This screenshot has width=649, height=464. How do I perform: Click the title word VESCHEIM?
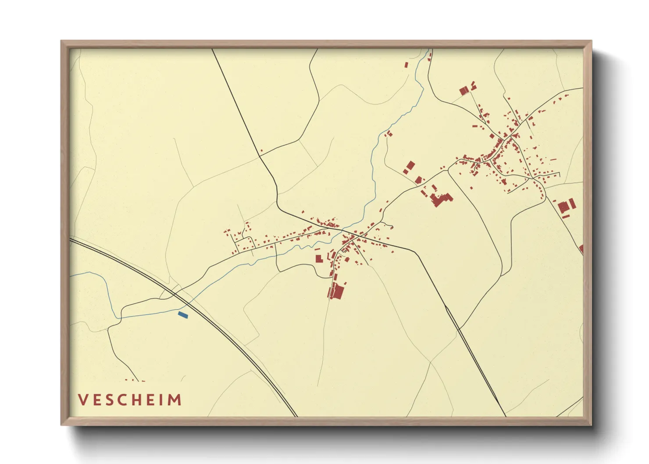click(130, 400)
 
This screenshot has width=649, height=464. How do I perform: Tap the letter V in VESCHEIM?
click(83, 400)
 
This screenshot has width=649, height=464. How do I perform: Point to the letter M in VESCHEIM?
click(176, 400)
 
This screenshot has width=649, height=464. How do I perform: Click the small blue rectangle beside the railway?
click(183, 314)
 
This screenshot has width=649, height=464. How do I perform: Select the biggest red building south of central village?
click(338, 292)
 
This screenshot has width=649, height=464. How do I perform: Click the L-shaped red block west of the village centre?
click(319, 258)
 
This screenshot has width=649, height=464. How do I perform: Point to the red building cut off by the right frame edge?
click(581, 249)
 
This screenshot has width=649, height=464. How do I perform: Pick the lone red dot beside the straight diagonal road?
click(261, 151)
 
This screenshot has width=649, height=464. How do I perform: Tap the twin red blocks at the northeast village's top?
click(464, 91)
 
